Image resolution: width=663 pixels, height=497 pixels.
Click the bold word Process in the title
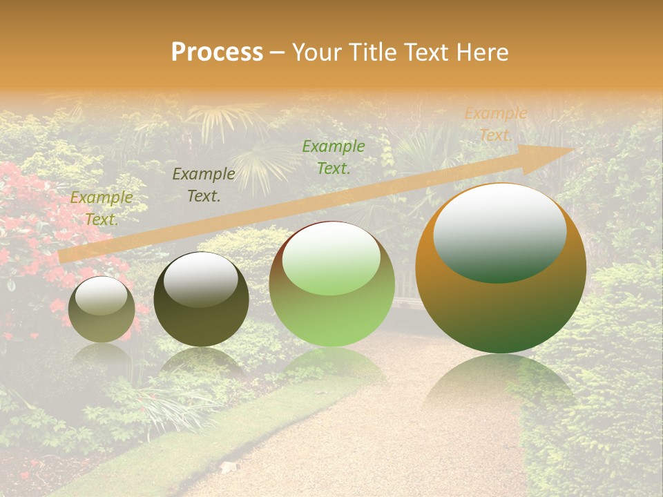[x=217, y=52]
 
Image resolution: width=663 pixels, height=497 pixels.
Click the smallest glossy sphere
[x=102, y=310]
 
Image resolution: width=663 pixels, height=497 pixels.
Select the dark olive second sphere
[x=201, y=300]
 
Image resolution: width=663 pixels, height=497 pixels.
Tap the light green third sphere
[x=331, y=284]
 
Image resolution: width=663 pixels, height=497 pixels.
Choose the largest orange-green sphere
[x=501, y=269]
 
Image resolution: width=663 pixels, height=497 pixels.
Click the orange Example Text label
[x=495, y=124]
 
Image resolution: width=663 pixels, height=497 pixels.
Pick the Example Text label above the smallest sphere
[x=102, y=208]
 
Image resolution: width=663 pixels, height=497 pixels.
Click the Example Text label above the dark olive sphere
[x=204, y=185]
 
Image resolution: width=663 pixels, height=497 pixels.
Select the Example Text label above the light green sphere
[x=334, y=157]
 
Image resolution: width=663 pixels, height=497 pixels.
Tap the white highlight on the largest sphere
[x=500, y=231]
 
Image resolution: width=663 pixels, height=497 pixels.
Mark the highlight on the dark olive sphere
[x=200, y=279]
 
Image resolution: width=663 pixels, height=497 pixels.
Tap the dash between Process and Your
[x=278, y=52]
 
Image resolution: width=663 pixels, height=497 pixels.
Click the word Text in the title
[x=427, y=52]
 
